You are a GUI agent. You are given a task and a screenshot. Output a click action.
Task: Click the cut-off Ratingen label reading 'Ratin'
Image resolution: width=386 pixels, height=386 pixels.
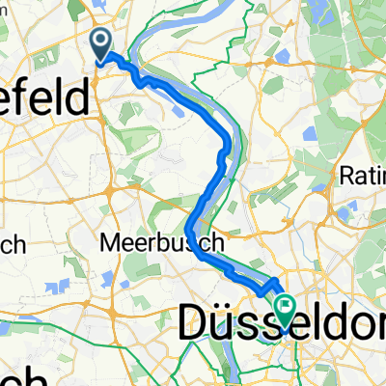coord(363,177)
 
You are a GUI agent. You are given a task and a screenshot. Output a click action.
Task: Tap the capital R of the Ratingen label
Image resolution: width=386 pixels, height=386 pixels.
coord(345,177)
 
